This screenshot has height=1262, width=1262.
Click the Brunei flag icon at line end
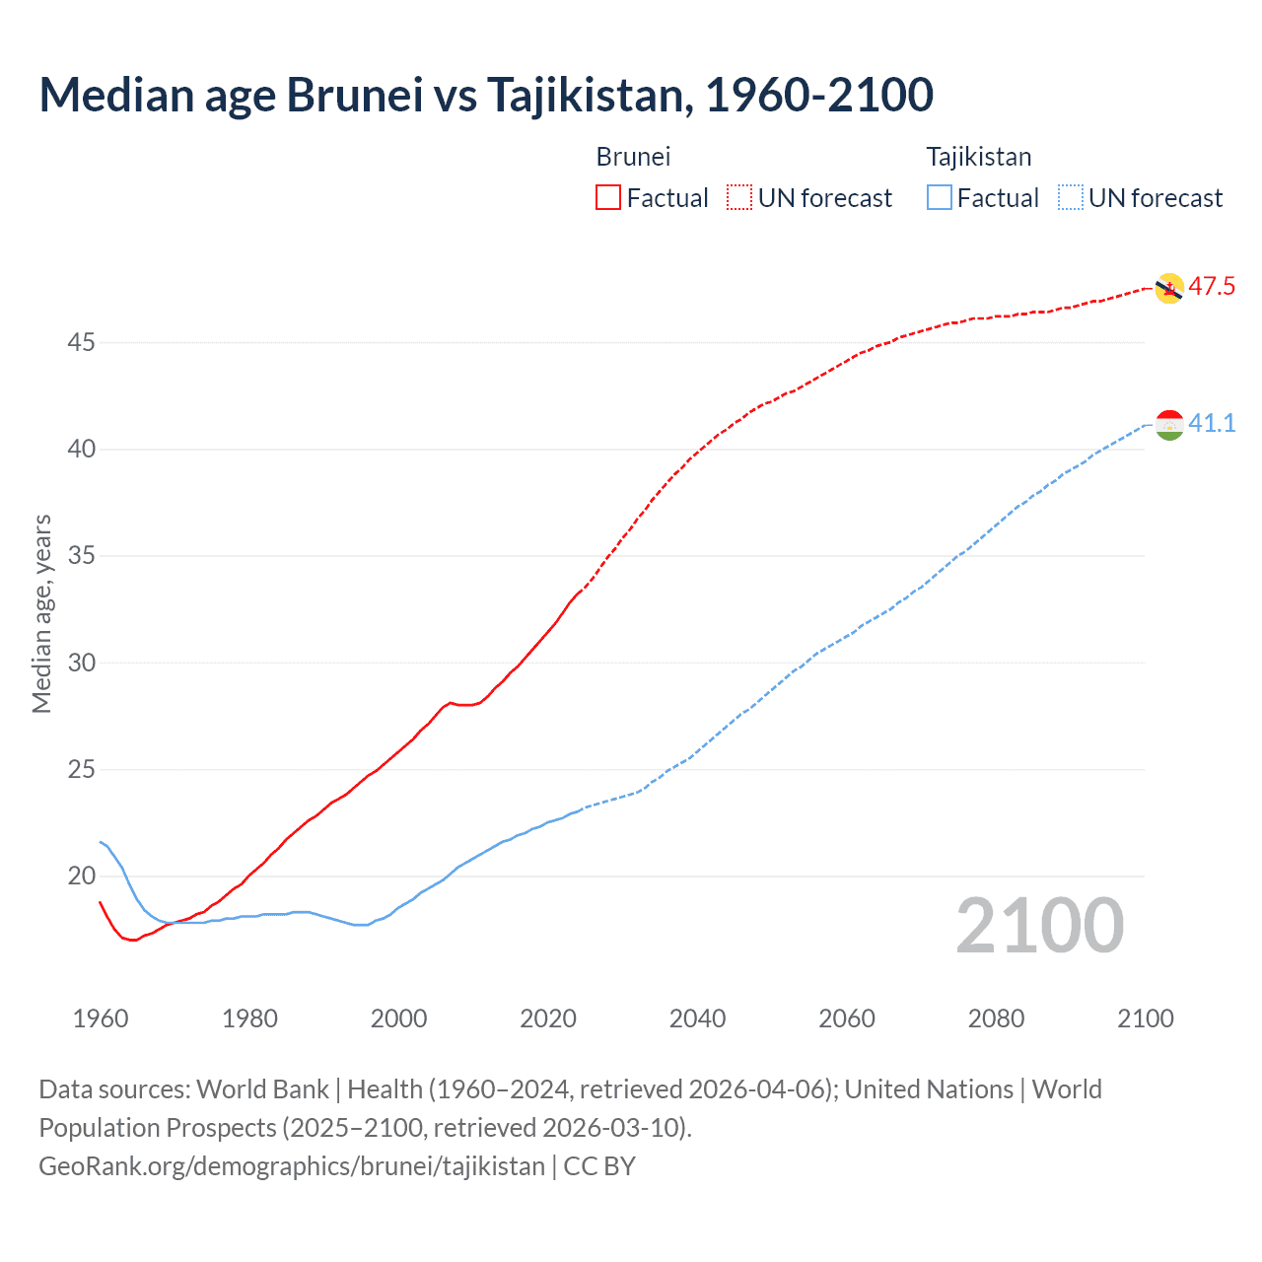click(x=1168, y=288)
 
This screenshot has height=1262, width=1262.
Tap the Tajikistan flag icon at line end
click(x=1168, y=424)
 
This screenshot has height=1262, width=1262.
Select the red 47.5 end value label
click(x=1212, y=287)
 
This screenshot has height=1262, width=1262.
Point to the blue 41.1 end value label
click(x=1212, y=423)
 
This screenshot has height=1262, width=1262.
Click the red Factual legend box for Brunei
click(x=608, y=198)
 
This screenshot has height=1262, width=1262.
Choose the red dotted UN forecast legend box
click(x=739, y=198)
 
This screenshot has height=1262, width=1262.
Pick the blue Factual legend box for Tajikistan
click(x=939, y=198)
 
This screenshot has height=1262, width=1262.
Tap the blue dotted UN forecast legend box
click(x=1070, y=198)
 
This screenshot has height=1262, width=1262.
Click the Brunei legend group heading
click(x=633, y=157)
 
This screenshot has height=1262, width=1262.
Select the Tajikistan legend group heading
click(x=978, y=157)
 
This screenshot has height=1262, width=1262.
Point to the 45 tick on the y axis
click(x=82, y=343)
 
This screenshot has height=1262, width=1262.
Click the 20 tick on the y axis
click(x=82, y=876)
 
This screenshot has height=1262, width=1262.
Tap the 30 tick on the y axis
click(x=82, y=663)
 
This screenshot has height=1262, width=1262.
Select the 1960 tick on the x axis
click(x=101, y=1018)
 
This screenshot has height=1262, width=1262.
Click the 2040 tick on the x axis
click(x=697, y=1018)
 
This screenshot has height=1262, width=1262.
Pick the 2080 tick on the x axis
click(x=996, y=1018)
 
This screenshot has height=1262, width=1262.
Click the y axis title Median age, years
click(x=41, y=613)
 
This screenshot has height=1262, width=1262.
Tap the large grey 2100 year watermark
click(x=1039, y=926)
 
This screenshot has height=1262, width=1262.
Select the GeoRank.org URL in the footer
click(x=292, y=1166)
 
